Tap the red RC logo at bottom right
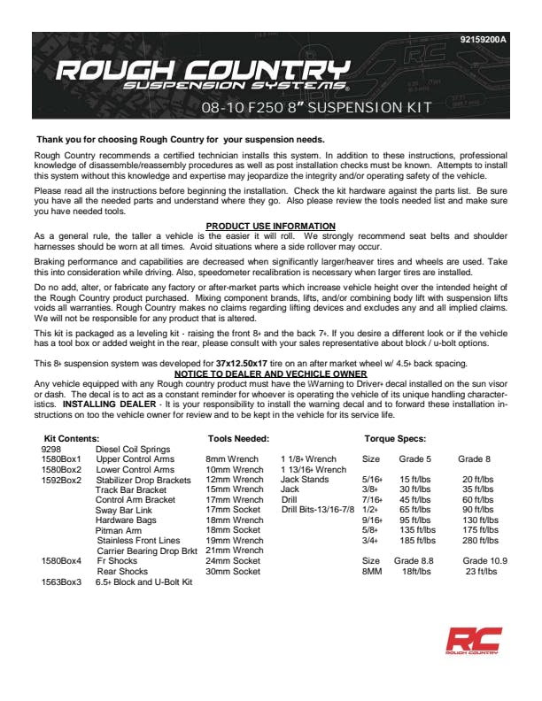pos(473,643)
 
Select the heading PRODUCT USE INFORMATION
pos(270,227)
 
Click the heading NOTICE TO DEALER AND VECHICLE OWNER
pos(270,374)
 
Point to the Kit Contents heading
pos(72,438)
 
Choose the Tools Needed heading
pos(238,438)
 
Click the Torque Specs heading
pos(395,438)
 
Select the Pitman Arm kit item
pos(120,530)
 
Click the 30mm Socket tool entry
pos(233,572)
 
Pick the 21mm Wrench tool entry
pos(234,551)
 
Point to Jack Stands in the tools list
pos(305,480)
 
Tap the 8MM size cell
pos(372,572)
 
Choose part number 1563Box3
pos(61,582)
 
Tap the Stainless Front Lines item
pos(138,540)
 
